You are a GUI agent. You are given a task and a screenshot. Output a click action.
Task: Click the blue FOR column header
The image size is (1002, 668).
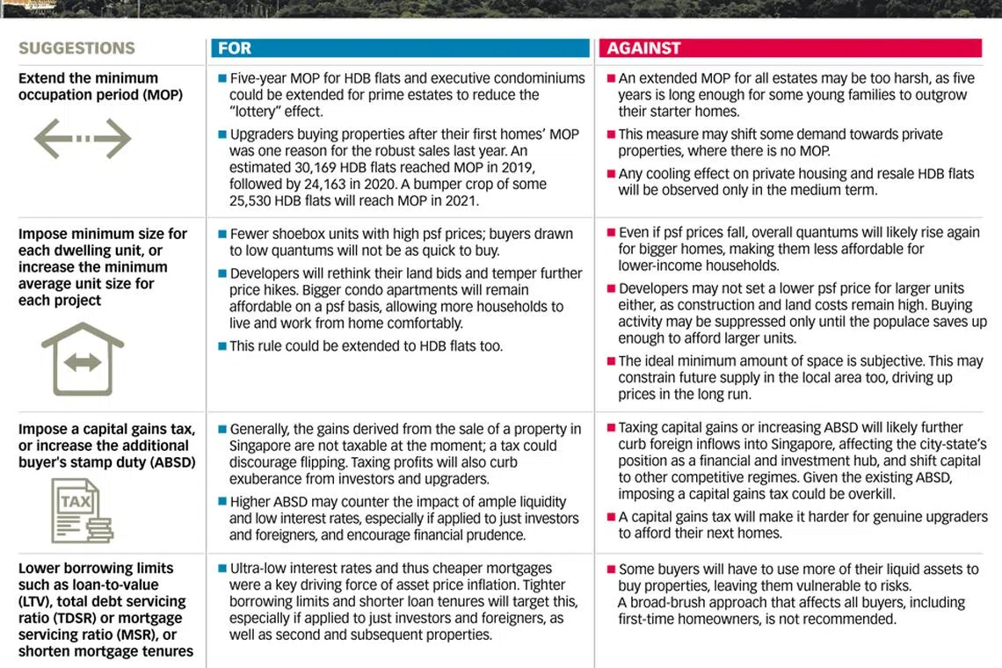(x=400, y=48)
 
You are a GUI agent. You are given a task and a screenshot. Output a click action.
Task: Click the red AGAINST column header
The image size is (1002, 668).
(x=789, y=48)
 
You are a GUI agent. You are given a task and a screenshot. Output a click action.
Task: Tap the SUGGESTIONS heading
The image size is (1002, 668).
(x=76, y=48)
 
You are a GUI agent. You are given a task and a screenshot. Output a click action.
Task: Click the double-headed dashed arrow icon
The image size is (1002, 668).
(x=83, y=139)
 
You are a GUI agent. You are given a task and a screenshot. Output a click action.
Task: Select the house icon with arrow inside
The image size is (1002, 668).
(x=83, y=359)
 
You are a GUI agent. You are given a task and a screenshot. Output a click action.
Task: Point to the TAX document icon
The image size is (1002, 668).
(x=81, y=510)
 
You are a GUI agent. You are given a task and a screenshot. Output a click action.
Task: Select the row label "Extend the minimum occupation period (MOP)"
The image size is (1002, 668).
(x=100, y=86)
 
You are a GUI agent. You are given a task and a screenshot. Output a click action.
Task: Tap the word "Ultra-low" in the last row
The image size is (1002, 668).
(x=260, y=569)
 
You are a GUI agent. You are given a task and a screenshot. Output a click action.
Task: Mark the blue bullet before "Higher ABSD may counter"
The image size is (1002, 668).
(x=222, y=502)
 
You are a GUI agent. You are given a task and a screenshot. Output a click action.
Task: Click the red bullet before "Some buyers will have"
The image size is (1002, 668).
(x=611, y=570)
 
